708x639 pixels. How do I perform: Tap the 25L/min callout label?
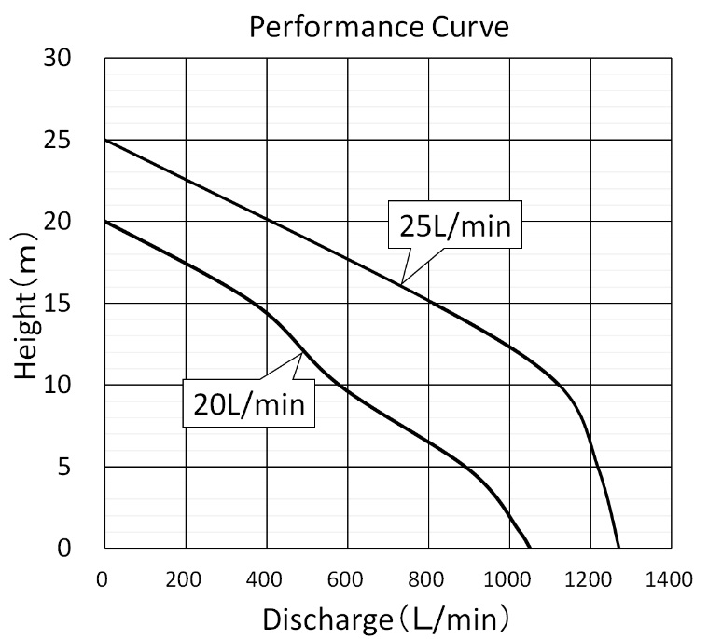(x=455, y=225)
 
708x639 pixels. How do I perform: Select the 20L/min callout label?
(x=249, y=403)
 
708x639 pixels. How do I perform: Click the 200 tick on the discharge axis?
(x=185, y=578)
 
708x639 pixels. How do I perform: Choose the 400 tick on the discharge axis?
(x=266, y=578)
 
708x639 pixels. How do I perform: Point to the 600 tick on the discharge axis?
(x=347, y=578)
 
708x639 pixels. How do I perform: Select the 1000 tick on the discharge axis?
(x=508, y=578)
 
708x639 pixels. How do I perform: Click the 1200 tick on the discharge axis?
(x=590, y=578)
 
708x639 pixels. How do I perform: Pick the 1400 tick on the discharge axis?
(x=671, y=578)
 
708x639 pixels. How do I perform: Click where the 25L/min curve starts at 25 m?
(x=104, y=140)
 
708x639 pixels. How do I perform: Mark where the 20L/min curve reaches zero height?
(x=530, y=548)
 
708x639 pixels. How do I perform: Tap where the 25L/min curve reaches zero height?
(x=618, y=548)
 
